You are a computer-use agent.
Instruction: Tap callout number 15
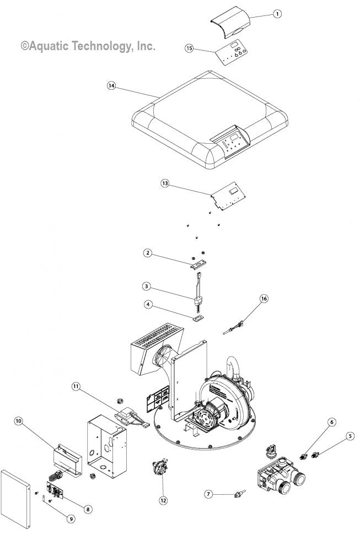189,48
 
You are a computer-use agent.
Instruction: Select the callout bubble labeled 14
111,86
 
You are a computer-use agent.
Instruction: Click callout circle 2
147,253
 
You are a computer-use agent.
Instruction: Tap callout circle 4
147,304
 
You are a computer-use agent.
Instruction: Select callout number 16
264,298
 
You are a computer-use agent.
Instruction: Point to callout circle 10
19,421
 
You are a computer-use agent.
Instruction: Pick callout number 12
163,500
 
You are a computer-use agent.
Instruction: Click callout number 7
208,494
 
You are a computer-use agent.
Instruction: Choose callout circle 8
88,509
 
